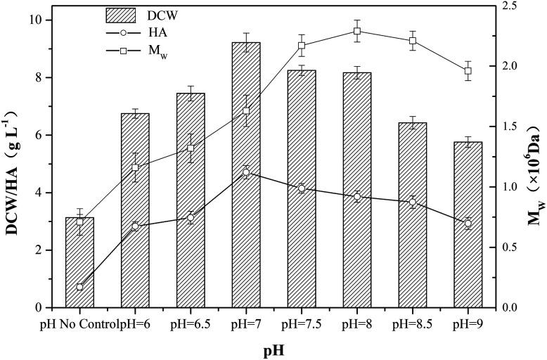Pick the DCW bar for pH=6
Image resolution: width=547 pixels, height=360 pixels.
coord(135,211)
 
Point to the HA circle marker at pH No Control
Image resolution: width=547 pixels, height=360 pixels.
coord(79,287)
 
